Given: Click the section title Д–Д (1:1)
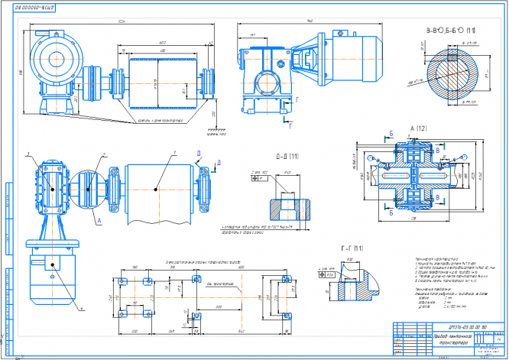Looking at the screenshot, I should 283,157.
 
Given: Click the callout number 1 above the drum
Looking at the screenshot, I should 173,153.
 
